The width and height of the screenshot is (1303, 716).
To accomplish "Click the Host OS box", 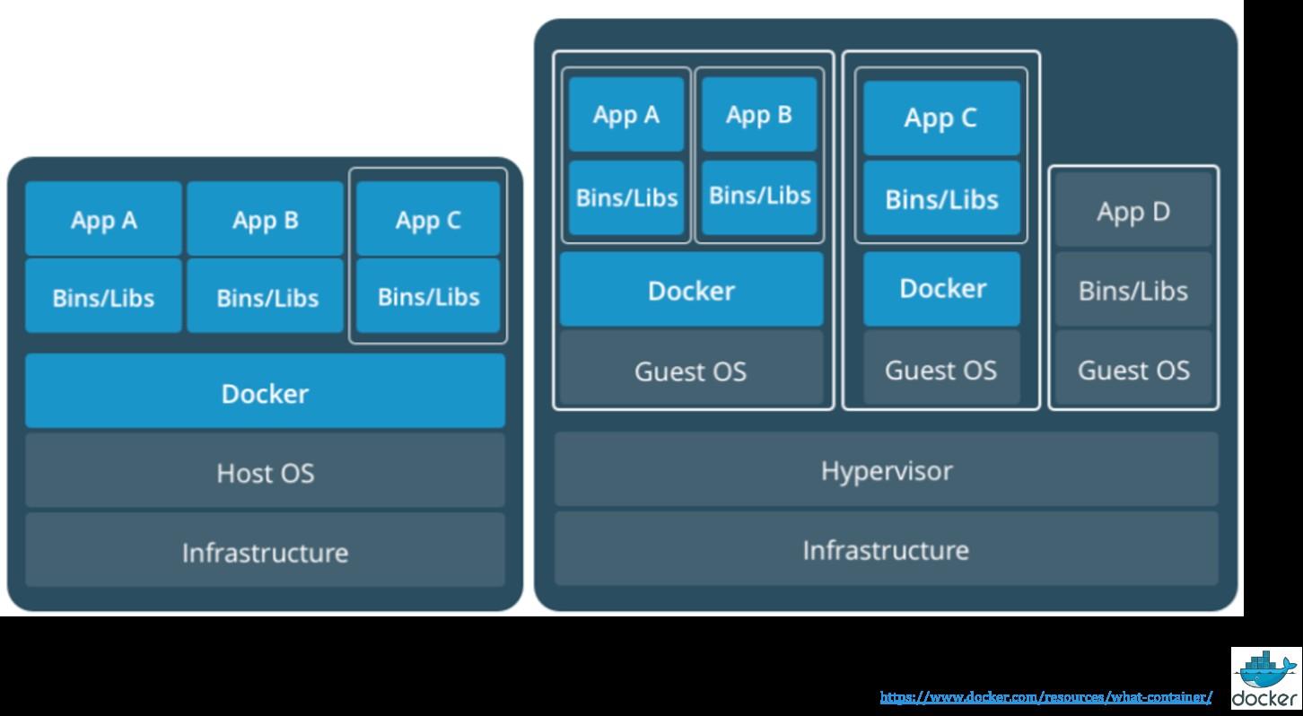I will click(265, 472).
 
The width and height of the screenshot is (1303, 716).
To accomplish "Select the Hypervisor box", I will click(886, 470).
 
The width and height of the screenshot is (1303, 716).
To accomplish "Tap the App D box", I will click(1133, 212).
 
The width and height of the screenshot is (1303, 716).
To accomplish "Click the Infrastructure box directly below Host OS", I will click(265, 551).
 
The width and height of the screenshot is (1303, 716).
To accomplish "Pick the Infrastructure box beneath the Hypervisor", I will click(886, 549).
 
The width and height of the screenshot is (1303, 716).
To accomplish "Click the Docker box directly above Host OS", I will click(265, 392).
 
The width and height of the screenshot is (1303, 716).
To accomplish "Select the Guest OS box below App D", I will click(1133, 370).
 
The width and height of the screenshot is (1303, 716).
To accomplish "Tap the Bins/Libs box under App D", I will click(1133, 291).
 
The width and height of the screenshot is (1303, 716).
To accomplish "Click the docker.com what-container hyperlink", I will click(1045, 697).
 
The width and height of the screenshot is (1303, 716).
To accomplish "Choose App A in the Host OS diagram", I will click(103, 220).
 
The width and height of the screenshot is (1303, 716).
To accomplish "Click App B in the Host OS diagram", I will click(265, 220).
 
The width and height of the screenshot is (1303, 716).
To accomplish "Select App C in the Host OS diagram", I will click(428, 220).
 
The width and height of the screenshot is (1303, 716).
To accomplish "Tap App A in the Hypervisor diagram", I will click(626, 115).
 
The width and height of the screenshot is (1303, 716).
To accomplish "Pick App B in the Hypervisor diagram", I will click(759, 115).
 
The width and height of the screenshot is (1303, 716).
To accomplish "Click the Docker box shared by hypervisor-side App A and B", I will click(691, 290).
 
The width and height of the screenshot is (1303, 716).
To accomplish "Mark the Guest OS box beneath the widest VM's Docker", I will click(691, 370).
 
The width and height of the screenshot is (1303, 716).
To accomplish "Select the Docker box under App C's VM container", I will click(941, 288).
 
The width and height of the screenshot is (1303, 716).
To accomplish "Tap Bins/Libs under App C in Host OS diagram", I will click(428, 296).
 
